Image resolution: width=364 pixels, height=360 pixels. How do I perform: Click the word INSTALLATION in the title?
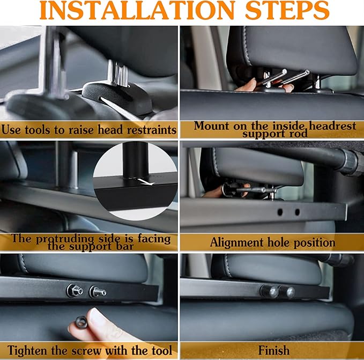click(x=137, y=10)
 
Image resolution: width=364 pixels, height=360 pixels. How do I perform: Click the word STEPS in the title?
click(x=287, y=10)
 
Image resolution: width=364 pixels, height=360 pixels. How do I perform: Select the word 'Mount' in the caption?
click(x=211, y=126)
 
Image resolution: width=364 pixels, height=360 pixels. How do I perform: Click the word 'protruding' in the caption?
click(x=65, y=239)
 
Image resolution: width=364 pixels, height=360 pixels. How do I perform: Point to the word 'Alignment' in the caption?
click(x=236, y=243)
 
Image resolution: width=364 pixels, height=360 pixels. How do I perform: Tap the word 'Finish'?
click(x=274, y=350)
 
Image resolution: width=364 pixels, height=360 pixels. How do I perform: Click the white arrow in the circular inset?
click(x=146, y=182)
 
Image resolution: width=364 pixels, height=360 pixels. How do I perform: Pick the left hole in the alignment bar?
click(x=280, y=212)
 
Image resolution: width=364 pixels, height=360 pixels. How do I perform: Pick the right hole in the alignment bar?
click(x=297, y=212)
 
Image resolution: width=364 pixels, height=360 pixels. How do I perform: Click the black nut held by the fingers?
click(x=81, y=322)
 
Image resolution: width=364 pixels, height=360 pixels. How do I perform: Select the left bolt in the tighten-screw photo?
click(x=75, y=291)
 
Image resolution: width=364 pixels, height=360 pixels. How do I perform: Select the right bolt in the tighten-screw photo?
click(x=98, y=292)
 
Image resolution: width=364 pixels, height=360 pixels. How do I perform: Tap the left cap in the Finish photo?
click(x=269, y=291)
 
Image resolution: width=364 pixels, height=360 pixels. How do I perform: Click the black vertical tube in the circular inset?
click(x=136, y=160)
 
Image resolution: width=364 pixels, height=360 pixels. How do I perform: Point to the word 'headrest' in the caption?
click(x=332, y=126)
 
